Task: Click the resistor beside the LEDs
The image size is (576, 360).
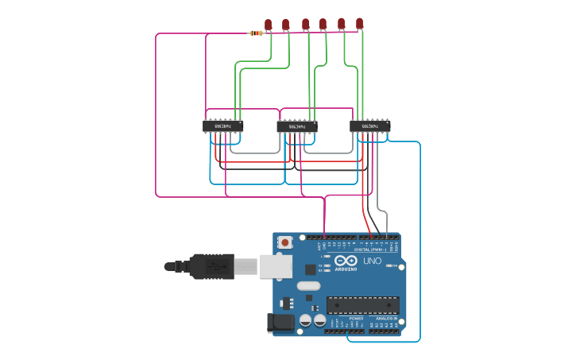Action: click(256, 33)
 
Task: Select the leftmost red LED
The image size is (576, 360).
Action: click(269, 25)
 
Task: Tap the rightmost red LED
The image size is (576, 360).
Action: click(359, 23)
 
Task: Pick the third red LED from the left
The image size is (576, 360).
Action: click(305, 24)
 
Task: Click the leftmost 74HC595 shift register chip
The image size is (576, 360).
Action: click(222, 126)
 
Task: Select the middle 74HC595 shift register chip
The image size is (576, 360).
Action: click(296, 126)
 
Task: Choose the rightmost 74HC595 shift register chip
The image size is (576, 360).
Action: click(370, 126)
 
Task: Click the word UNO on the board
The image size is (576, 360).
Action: click(372, 261)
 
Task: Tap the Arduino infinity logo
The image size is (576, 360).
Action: click(346, 260)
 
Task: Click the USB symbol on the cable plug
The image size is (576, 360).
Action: click(214, 267)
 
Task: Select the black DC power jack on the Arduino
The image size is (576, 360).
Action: click(280, 322)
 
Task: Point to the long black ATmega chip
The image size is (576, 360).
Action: click(362, 305)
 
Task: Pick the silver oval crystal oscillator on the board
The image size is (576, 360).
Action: click(308, 285)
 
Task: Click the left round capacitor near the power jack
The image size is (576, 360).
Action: click(304, 321)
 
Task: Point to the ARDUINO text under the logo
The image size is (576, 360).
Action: click(346, 269)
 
